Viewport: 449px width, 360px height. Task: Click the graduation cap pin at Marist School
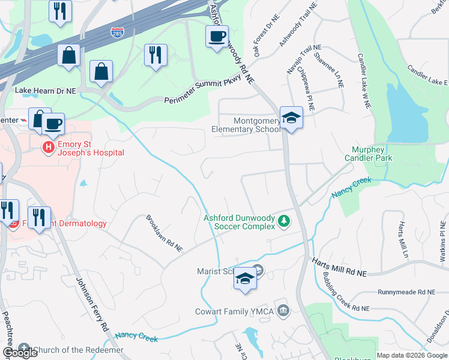pyautogui.click(x=245, y=278)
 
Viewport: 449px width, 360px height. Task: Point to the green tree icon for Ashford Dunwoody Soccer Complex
pyautogui.click(x=283, y=223)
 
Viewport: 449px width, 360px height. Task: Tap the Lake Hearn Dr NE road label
pyautogui.click(x=46, y=90)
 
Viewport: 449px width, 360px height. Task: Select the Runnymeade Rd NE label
pyautogui.click(x=406, y=292)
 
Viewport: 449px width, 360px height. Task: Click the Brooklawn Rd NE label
pyautogui.click(x=164, y=233)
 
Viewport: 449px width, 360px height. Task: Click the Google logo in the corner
pyautogui.click(x=20, y=353)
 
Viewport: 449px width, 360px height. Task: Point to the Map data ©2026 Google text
pyautogui.click(x=412, y=355)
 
